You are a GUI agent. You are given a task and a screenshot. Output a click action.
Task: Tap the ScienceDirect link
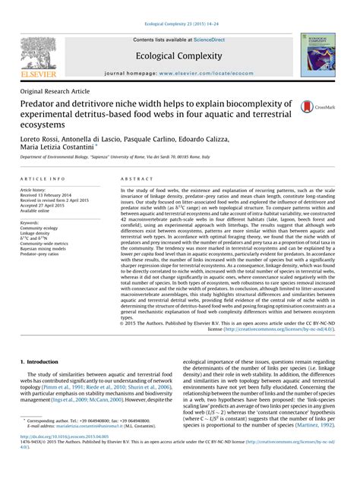[212, 39]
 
